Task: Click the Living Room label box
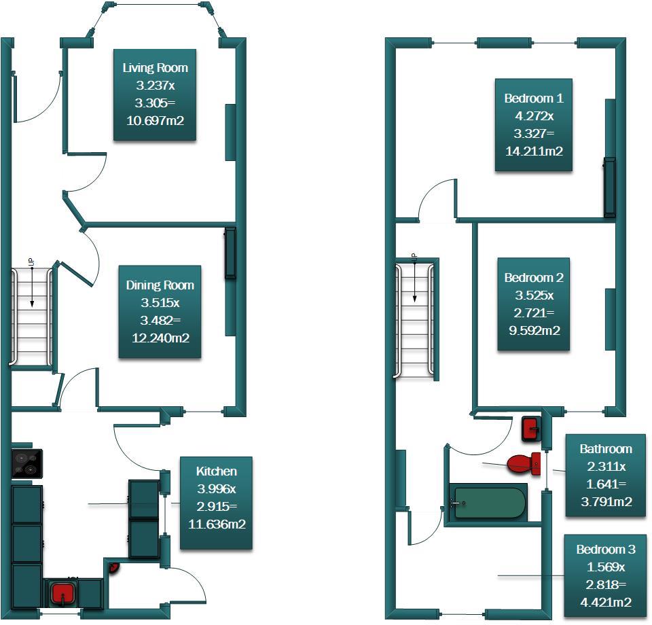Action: pyautogui.click(x=155, y=94)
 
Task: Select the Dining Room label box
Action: pyautogui.click(x=160, y=312)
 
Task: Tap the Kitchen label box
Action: pyautogui.click(x=216, y=503)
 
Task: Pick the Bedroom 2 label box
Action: pyautogui.click(x=534, y=304)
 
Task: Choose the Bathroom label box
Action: pyautogui.click(x=605, y=476)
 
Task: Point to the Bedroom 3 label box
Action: pyautogui.click(x=605, y=576)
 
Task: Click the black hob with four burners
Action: pyautogui.click(x=27, y=465)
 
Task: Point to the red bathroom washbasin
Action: pyautogui.click(x=531, y=429)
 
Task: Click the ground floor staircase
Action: pyautogui.click(x=31, y=316)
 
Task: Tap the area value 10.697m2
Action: pyautogui.click(x=156, y=121)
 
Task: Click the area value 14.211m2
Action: pyautogui.click(x=534, y=151)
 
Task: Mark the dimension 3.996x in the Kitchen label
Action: pyautogui.click(x=216, y=488)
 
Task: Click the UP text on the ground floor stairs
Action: pyautogui.click(x=31, y=261)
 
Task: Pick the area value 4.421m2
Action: pyautogui.click(x=605, y=602)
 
